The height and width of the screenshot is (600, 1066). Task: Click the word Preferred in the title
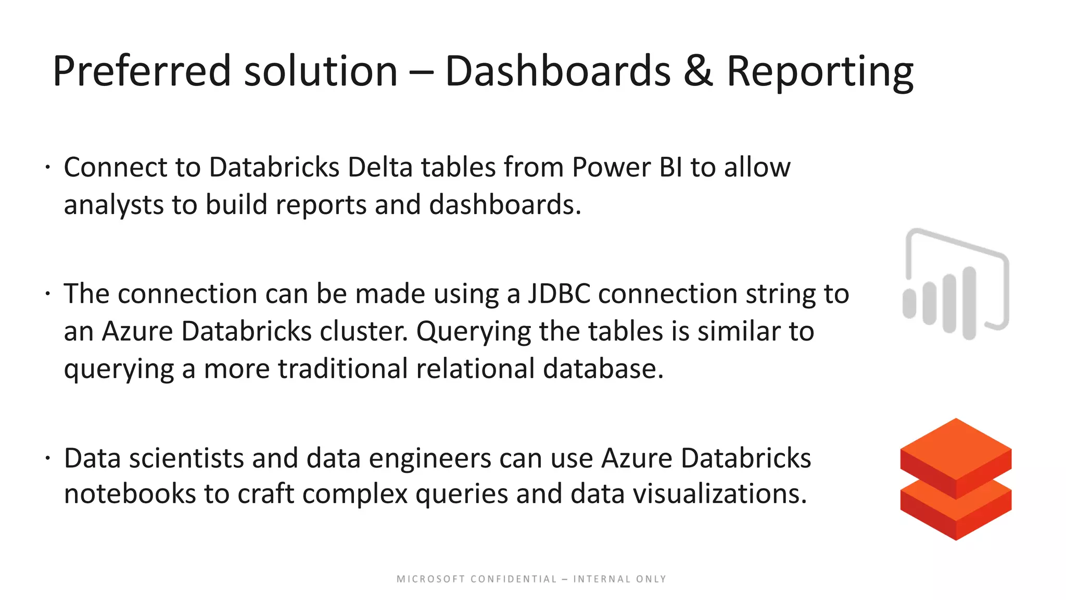(x=142, y=71)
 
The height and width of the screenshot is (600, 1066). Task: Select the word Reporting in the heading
(x=819, y=71)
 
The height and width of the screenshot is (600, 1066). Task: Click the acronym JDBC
(x=559, y=294)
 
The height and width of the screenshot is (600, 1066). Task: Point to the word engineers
(x=428, y=458)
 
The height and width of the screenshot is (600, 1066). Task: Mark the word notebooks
(x=130, y=494)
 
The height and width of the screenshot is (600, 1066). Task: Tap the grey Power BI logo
(x=956, y=284)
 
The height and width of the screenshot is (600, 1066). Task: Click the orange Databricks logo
(x=956, y=479)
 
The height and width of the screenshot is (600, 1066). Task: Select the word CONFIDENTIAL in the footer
(x=514, y=579)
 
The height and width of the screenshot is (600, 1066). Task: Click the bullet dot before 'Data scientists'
(x=47, y=458)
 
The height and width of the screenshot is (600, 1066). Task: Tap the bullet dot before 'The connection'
(x=47, y=294)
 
